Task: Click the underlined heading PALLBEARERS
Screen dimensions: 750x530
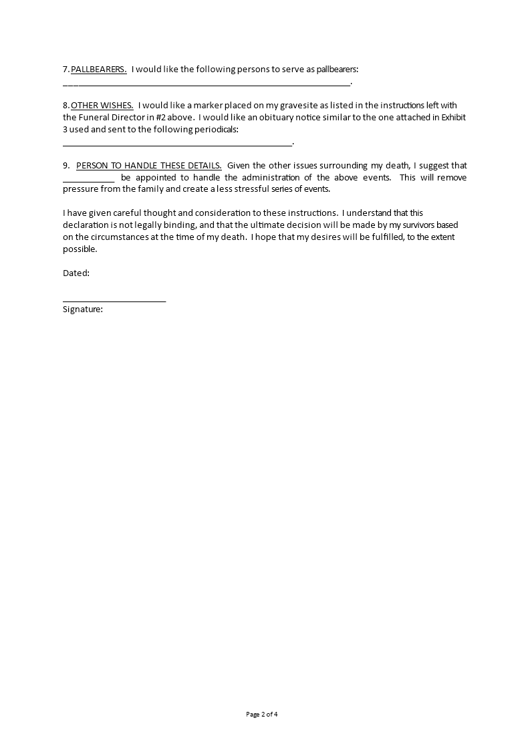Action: [x=99, y=69]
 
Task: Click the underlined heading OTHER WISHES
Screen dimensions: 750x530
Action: [x=102, y=105]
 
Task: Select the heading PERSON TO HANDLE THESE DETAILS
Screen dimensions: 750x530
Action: [x=149, y=165]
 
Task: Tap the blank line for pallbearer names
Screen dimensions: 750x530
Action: [x=207, y=84]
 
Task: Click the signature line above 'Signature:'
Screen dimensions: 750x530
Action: [x=114, y=301]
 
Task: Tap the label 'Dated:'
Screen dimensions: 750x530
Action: [x=76, y=273]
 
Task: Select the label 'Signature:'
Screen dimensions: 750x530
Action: [x=83, y=309]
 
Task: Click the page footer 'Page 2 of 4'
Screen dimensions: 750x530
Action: [x=262, y=714]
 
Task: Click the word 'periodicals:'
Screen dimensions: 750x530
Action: [x=215, y=129]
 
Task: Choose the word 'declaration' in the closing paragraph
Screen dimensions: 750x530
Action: [x=88, y=225]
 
